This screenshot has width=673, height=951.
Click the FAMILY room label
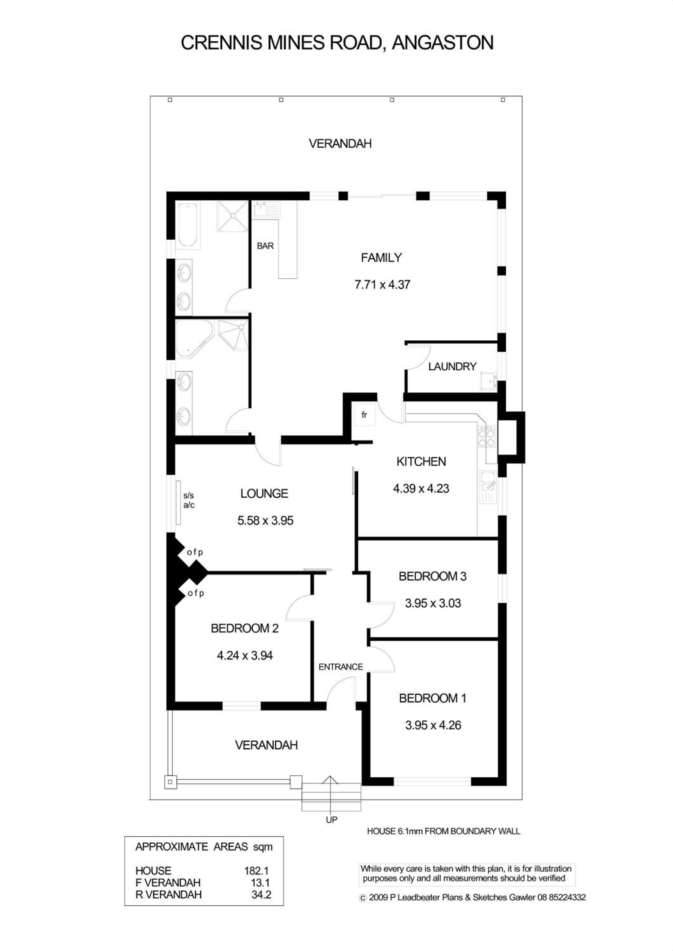click(381, 258)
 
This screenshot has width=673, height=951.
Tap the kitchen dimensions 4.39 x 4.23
click(421, 488)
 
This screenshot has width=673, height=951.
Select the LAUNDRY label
click(452, 366)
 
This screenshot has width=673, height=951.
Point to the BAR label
click(265, 246)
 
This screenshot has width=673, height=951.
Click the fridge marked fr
click(364, 415)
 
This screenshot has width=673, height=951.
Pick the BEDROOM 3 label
click(432, 576)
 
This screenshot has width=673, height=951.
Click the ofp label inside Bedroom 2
click(196, 593)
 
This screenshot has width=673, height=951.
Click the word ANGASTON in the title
click(443, 43)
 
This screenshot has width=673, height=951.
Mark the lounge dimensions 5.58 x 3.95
click(265, 520)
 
